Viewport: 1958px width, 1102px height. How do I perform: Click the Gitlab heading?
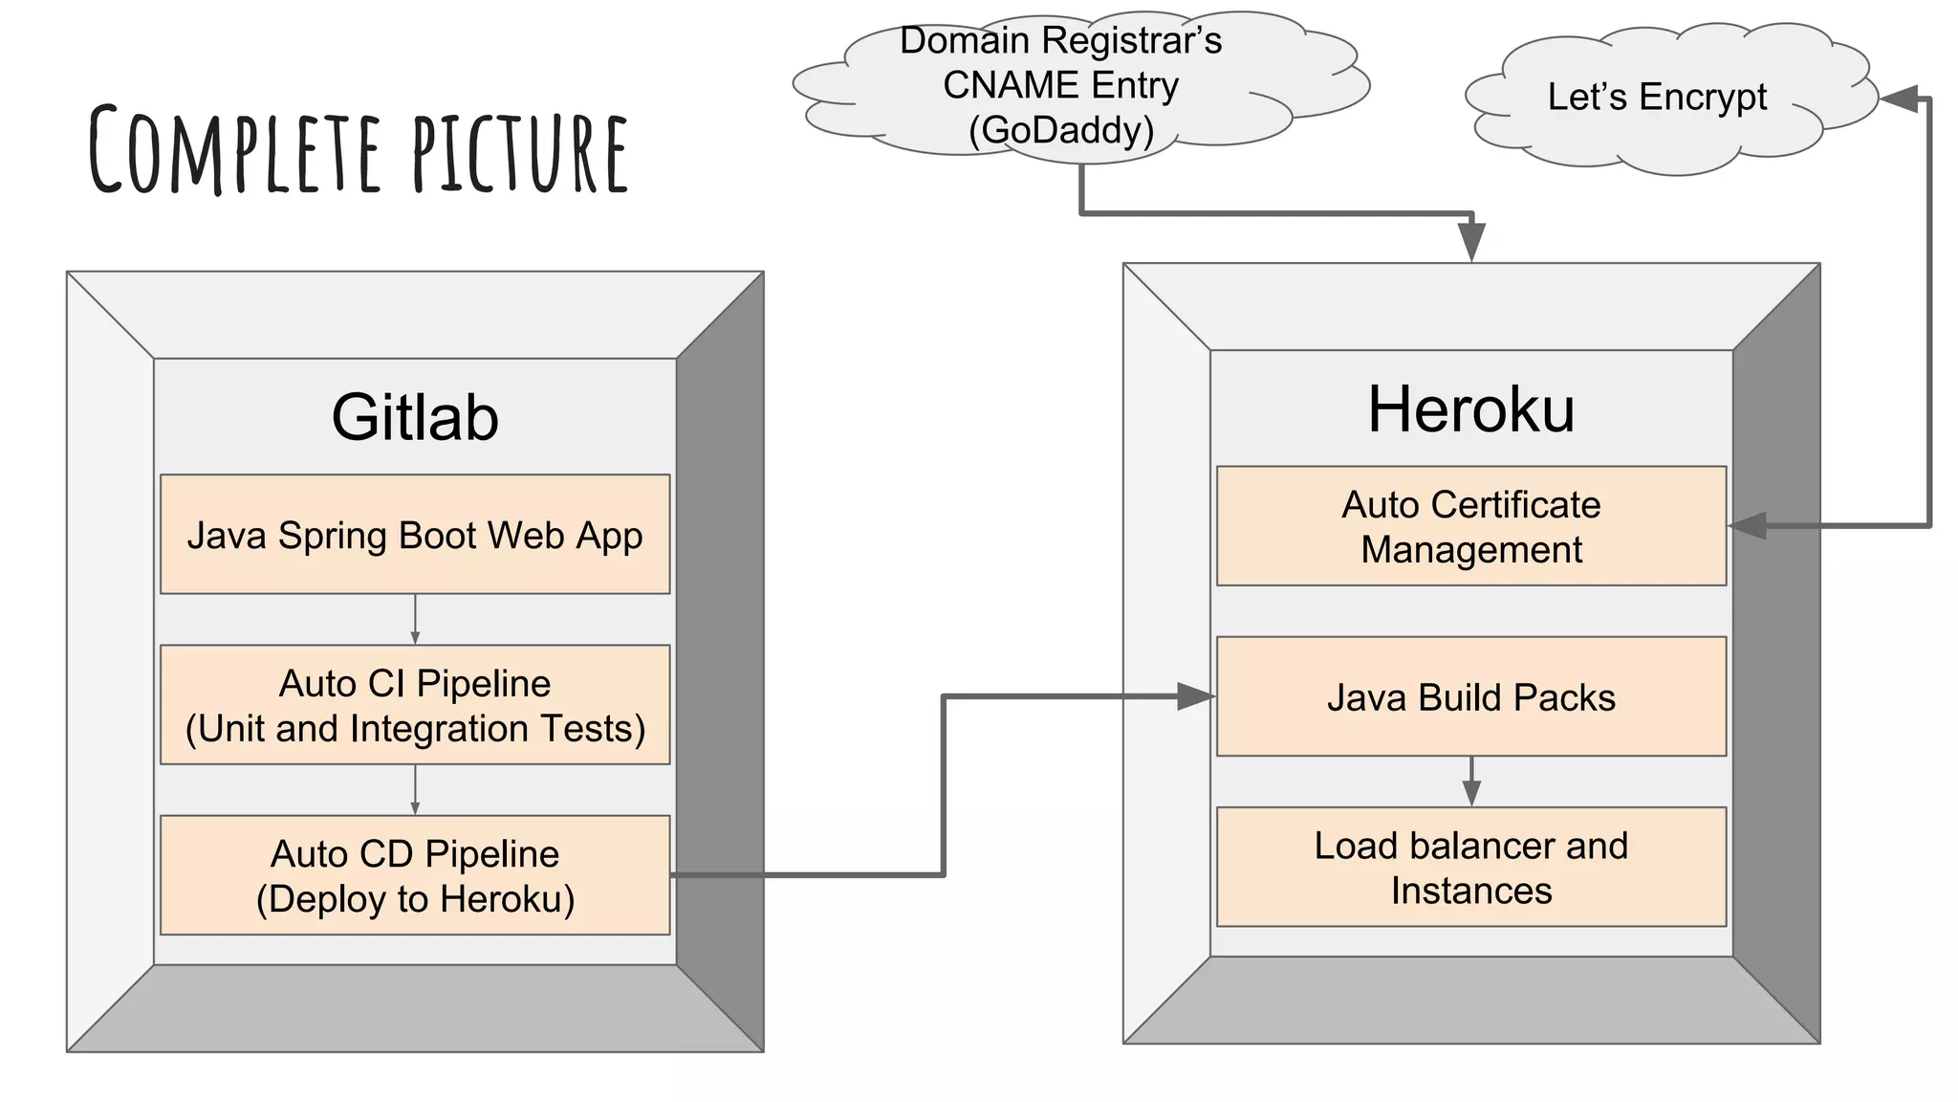click(415, 417)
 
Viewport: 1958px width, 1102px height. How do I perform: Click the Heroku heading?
click(1470, 409)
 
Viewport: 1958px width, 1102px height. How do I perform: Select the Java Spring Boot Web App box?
click(415, 535)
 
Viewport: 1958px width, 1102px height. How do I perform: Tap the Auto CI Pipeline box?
click(415, 705)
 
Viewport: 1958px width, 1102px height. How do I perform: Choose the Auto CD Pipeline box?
click(415, 875)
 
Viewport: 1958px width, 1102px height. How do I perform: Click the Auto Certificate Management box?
click(1470, 526)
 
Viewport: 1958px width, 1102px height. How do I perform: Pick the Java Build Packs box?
click(1470, 696)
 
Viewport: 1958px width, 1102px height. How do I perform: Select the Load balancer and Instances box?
click(1470, 867)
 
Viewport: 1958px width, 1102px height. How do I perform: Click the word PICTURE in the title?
click(521, 153)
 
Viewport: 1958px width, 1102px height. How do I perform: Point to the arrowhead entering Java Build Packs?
click(1195, 696)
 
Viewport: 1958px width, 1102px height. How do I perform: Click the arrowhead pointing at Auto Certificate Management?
click(1748, 525)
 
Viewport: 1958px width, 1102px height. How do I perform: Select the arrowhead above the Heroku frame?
click(1471, 241)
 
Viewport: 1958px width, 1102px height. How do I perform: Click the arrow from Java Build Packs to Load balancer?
click(1471, 782)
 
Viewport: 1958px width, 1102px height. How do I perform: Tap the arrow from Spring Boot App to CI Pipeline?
click(415, 620)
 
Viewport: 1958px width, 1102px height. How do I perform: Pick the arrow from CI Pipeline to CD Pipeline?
click(415, 790)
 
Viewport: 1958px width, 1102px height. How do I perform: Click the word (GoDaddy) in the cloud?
click(1061, 130)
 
